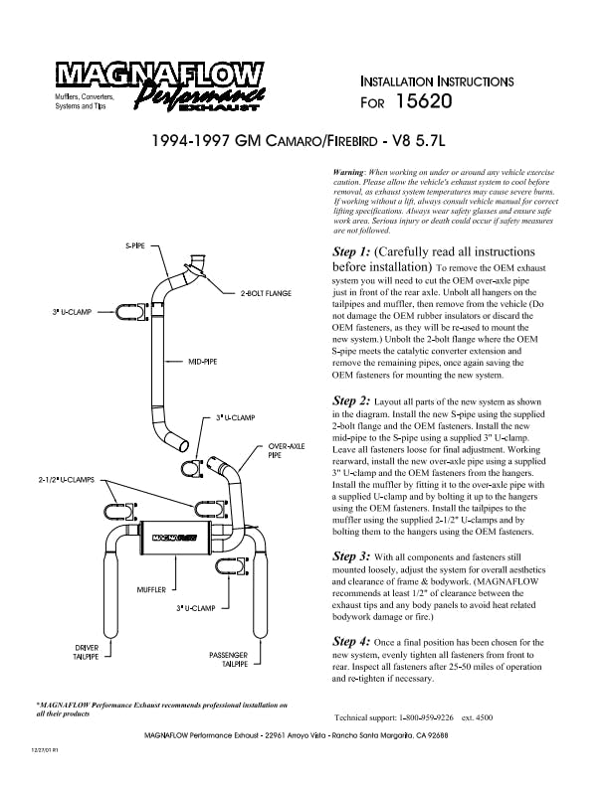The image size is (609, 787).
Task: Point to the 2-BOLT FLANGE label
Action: pyautogui.click(x=265, y=294)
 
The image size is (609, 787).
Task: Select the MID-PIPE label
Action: pyautogui.click(x=203, y=363)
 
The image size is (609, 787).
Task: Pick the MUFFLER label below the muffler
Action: pyautogui.click(x=151, y=589)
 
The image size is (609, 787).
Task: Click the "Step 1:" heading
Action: pyautogui.click(x=351, y=252)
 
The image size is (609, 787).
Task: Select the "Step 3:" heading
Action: pyautogui.click(x=351, y=556)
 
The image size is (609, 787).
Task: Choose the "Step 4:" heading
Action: pyautogui.click(x=351, y=643)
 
